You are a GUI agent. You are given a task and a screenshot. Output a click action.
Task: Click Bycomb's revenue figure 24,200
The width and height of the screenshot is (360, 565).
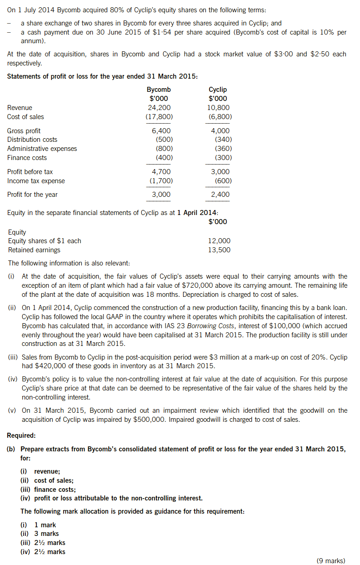(159, 108)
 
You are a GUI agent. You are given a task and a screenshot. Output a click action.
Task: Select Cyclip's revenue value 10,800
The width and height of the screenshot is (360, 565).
(218, 108)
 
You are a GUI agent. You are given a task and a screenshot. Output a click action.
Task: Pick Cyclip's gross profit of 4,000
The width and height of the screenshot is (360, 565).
(220, 131)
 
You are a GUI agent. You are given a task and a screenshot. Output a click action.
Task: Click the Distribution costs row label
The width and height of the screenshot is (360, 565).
(32, 140)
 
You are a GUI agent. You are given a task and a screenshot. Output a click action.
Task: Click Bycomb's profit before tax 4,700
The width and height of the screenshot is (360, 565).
(161, 172)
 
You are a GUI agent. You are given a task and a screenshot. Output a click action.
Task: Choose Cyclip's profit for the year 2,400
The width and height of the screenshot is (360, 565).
(220, 195)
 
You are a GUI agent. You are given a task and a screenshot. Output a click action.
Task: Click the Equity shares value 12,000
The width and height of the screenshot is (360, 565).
(219, 241)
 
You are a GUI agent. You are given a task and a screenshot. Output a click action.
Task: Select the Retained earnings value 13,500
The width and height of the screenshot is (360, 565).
(219, 250)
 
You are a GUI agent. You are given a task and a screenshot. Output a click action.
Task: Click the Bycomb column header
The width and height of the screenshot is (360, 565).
(159, 90)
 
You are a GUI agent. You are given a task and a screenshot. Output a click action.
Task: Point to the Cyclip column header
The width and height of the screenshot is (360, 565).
(218, 90)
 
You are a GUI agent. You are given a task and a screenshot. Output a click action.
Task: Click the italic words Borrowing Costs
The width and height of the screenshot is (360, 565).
(231, 326)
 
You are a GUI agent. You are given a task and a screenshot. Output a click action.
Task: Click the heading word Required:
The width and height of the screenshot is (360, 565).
(22, 435)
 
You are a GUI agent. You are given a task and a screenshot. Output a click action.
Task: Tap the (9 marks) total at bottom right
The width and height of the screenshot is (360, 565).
(330, 560)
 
